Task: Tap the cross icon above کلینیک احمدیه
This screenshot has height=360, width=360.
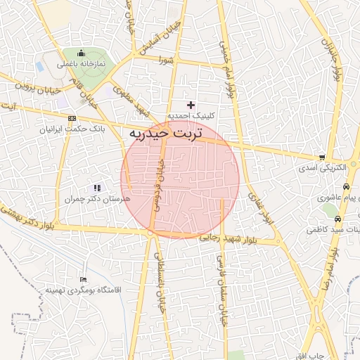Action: pyautogui.click(x=190, y=105)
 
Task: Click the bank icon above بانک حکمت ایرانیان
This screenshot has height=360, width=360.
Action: pyautogui.click(x=72, y=118)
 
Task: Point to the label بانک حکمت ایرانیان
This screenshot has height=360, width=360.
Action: pyautogui.click(x=72, y=129)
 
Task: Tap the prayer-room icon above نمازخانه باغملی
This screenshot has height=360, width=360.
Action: pyautogui.click(x=82, y=53)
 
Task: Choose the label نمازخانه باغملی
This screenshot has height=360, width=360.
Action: pyautogui.click(x=83, y=63)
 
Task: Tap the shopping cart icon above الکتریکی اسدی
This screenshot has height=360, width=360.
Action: pyautogui.click(x=321, y=157)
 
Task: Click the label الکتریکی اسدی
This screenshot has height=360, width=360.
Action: pyautogui.click(x=321, y=169)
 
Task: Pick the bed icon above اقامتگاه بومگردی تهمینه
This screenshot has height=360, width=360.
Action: pyautogui.click(x=84, y=280)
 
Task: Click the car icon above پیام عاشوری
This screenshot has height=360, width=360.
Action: pyautogui.click(x=347, y=187)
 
